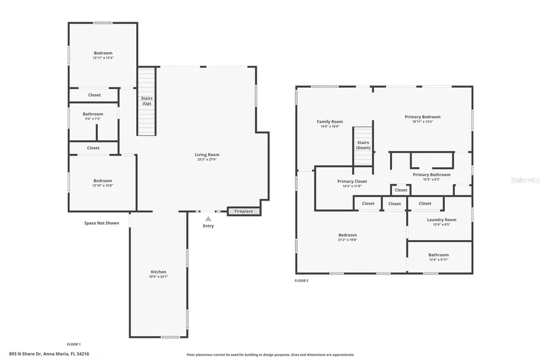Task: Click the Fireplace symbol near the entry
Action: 244,211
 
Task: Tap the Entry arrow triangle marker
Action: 208,219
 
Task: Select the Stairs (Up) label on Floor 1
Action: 146,101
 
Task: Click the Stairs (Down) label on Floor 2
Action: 363,145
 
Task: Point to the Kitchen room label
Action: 158,272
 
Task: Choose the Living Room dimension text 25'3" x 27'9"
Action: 207,159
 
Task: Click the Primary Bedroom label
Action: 422,117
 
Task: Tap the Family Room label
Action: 330,121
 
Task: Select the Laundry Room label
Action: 441,220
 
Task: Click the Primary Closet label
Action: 352,181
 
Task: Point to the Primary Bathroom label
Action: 432,175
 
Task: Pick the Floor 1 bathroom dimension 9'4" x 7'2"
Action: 93,119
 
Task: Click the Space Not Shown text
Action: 101,223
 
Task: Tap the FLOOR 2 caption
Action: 301,280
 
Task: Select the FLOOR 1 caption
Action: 73,344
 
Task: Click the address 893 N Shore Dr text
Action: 49,354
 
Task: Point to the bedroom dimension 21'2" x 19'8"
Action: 348,240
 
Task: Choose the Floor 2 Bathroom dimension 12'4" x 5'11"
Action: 439,259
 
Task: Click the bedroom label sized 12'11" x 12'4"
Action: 103,53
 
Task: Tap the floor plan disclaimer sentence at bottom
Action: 270,355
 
